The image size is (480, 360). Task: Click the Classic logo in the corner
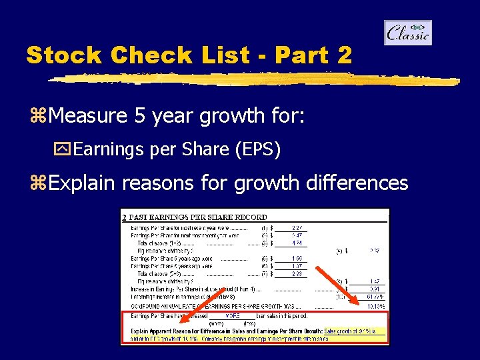tap(408, 33)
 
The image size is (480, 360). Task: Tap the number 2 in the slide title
tap(344, 55)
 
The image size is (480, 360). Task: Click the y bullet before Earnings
tap(65, 150)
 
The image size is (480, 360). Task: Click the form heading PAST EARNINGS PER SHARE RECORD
tap(197, 217)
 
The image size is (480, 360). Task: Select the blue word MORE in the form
tap(233, 315)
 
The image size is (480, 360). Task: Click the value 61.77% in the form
tap(373, 295)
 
